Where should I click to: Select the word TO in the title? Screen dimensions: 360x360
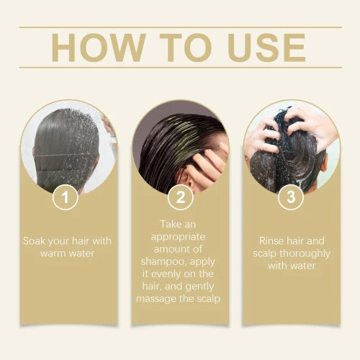point(180,48)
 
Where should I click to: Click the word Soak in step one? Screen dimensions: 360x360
point(35,240)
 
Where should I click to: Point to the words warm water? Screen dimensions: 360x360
point(66,253)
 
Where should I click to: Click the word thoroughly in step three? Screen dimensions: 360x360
point(307,253)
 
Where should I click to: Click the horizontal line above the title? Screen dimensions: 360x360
point(180,27)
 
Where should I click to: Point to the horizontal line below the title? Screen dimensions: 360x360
point(180,68)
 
